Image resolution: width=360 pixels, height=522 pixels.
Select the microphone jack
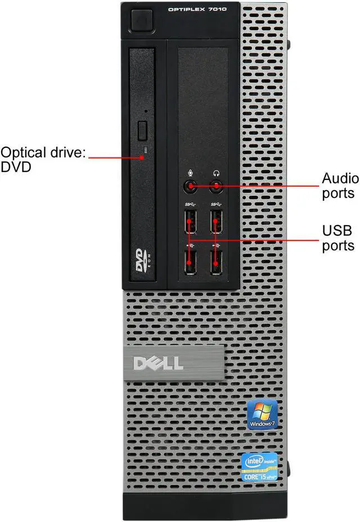point(190,186)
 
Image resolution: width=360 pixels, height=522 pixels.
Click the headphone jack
point(217,186)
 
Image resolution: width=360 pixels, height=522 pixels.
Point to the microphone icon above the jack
point(190,173)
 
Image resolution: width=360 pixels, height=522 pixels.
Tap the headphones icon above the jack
point(217,173)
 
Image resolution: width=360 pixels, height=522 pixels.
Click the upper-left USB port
point(190,221)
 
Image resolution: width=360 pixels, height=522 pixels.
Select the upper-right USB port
point(217,221)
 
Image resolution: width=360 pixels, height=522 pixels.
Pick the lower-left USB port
point(190,262)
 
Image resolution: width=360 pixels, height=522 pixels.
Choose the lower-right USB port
point(217,262)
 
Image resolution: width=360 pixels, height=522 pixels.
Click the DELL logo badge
point(159,363)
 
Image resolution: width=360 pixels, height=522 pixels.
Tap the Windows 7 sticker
point(262,415)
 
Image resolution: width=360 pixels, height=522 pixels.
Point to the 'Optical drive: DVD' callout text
point(43,159)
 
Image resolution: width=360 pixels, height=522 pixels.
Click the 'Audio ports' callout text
point(339,186)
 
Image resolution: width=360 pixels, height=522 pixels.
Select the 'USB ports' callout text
point(338,238)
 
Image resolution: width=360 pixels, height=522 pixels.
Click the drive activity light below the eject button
point(145,150)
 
